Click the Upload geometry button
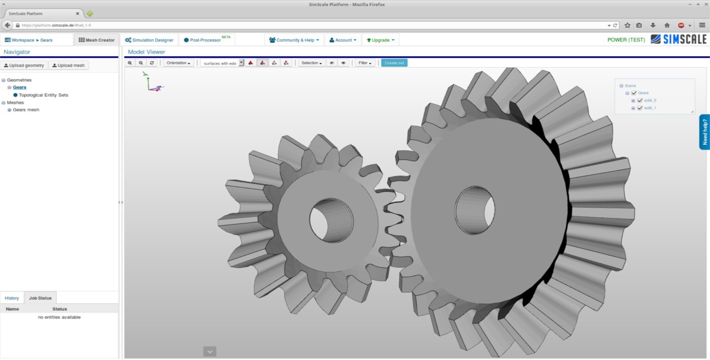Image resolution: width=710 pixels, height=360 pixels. [24, 66]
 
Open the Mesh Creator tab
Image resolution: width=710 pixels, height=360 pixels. [96, 40]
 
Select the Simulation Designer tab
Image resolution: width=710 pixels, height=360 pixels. [149, 40]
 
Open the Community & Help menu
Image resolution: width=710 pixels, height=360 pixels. [294, 40]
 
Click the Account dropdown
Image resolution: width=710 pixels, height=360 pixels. [343, 40]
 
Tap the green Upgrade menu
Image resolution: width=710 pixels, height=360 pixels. [380, 40]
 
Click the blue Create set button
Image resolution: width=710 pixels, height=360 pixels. [394, 63]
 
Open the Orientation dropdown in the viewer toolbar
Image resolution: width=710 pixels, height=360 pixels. [179, 63]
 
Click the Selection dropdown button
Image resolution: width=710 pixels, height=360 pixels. [312, 63]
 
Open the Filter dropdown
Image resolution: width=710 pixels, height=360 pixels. [364, 63]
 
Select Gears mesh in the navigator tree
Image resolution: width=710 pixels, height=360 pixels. [26, 110]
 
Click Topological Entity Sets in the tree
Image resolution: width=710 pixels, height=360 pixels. [43, 95]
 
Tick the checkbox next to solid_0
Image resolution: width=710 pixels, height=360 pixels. [640, 101]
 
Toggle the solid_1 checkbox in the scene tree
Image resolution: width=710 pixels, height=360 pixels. [640, 108]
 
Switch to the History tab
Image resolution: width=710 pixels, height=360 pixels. [11, 298]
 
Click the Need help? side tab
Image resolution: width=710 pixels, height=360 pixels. [705, 132]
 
